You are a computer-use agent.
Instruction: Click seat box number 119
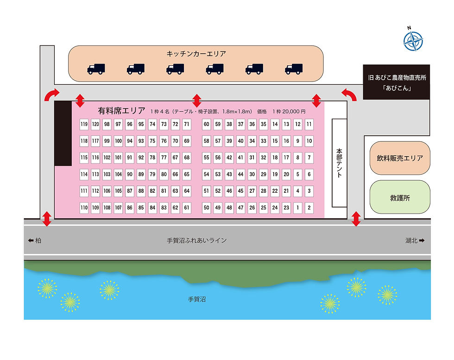(84, 124)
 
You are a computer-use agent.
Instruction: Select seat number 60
(207, 124)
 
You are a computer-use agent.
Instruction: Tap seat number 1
(297, 208)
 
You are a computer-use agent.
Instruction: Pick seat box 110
(84, 208)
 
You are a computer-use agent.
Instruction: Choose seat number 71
(187, 124)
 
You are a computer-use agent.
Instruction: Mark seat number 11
(309, 124)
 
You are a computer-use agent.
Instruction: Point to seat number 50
(207, 208)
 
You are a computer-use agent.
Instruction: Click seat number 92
(141, 158)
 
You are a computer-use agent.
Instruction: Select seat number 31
(252, 158)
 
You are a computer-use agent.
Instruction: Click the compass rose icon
(413, 41)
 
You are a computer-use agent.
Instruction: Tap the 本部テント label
(339, 163)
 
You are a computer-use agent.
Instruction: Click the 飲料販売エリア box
(400, 158)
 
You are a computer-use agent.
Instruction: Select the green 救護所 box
(400, 197)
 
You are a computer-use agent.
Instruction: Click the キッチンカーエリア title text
(196, 54)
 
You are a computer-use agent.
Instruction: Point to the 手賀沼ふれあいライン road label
(197, 240)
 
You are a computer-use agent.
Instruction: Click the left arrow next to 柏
(31, 240)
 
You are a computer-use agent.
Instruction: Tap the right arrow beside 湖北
(422, 240)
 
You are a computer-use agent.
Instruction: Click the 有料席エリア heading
(121, 111)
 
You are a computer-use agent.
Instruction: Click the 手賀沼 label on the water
(197, 299)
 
